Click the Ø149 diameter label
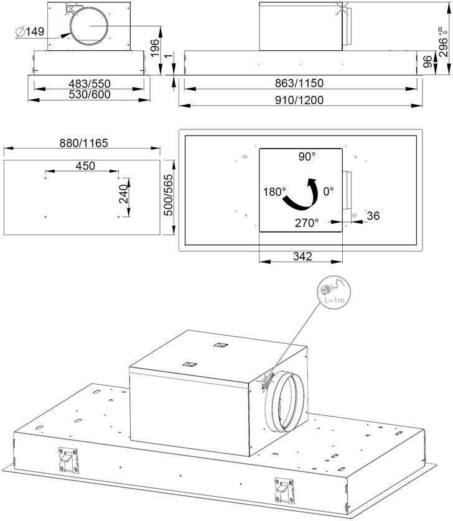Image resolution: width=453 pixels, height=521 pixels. click(30, 32)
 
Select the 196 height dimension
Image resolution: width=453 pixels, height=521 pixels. click(155, 48)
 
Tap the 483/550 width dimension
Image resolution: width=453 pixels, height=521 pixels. click(90, 83)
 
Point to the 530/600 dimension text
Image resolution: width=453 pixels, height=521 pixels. click(90, 95)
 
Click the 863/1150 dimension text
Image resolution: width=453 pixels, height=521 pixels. click(299, 83)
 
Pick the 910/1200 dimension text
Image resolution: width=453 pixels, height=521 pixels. click(299, 100)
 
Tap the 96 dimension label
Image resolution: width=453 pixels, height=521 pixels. click(427, 62)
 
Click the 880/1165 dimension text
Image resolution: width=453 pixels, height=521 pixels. click(84, 143)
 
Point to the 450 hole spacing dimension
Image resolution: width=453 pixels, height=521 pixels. click(85, 166)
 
